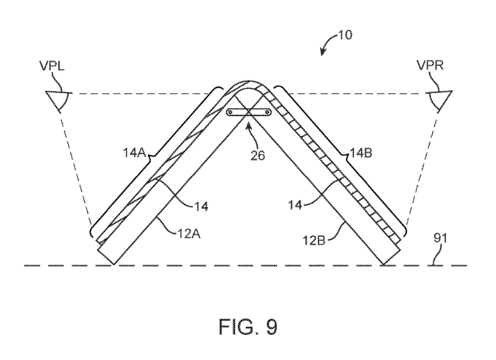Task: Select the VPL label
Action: (x=55, y=74)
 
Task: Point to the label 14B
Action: (x=362, y=151)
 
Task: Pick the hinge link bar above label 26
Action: (x=248, y=113)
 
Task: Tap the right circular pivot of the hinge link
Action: (x=266, y=113)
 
